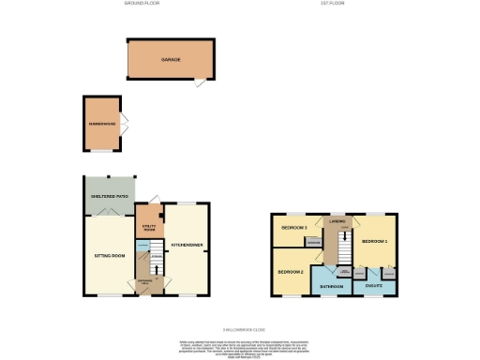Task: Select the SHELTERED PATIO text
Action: coord(109,197)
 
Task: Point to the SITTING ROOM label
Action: coord(110,254)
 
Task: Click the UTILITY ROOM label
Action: coord(149,227)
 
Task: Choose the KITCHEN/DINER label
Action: coord(187,246)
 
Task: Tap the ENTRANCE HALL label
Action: coord(147,281)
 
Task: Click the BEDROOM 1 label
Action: coord(375,241)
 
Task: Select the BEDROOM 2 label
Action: coord(291,272)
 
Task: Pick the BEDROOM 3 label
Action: coord(295,228)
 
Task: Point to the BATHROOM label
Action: coord(331,285)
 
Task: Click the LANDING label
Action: coord(335,221)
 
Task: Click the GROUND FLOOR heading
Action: coord(142,4)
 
